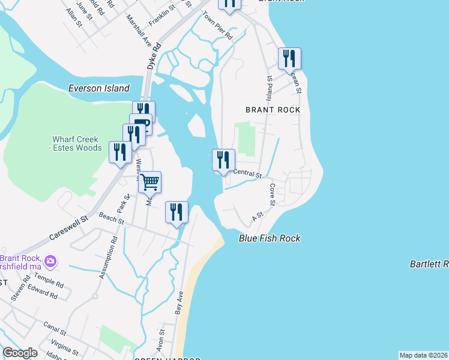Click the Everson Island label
click(98, 88)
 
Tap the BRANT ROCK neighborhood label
click(273, 110)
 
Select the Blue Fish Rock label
click(270, 238)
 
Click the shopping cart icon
click(149, 181)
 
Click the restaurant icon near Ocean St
click(289, 59)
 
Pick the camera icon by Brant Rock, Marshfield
click(50, 261)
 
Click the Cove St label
click(272, 194)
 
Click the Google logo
click(19, 353)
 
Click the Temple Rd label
click(49, 282)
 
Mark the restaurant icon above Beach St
click(176, 212)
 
